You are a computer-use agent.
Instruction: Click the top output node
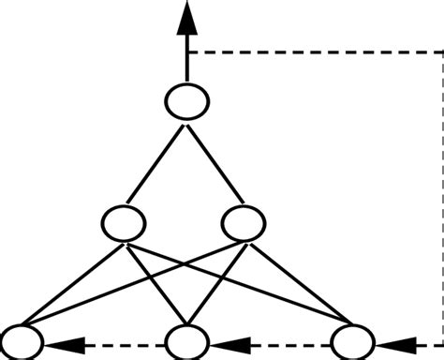187,100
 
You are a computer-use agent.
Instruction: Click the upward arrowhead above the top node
187,19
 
